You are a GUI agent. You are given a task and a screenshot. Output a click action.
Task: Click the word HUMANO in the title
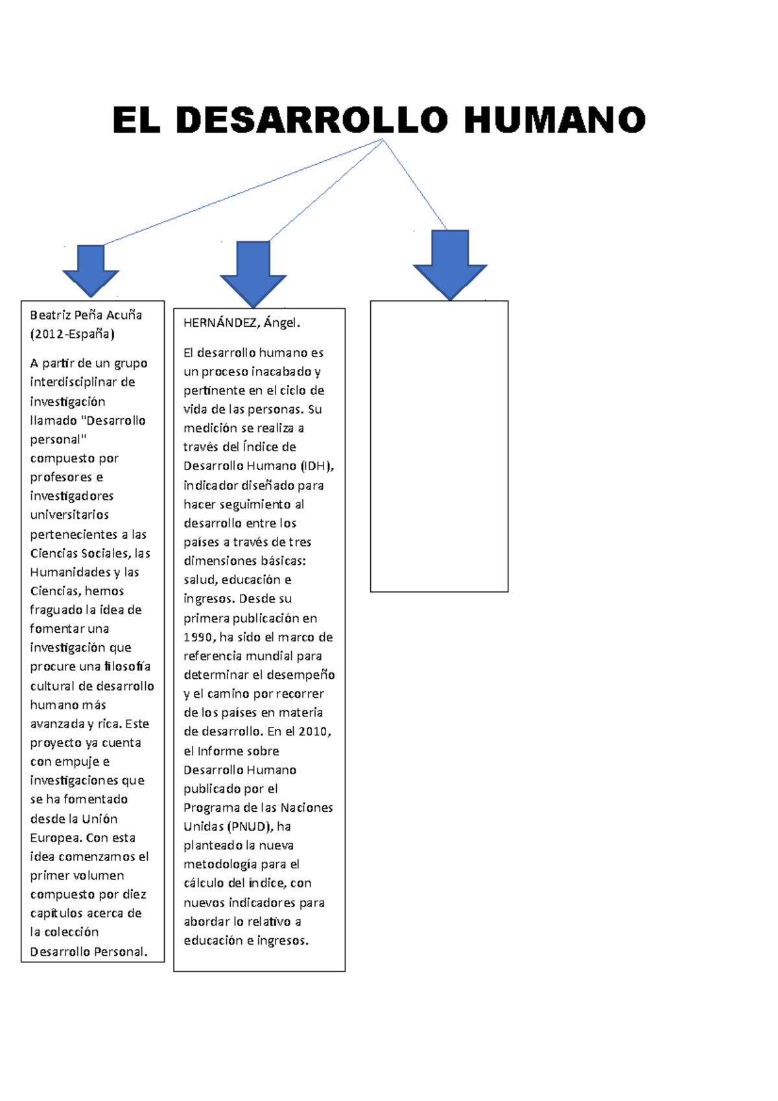click(554, 120)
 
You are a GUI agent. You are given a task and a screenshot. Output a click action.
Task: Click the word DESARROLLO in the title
click(312, 120)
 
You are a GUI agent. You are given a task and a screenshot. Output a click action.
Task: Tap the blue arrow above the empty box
click(450, 265)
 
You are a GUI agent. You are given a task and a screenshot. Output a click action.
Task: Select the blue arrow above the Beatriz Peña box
click(91, 271)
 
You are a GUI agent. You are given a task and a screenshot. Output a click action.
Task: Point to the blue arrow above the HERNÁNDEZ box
click(253, 274)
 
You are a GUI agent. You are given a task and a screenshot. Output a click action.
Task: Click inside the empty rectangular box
click(439, 446)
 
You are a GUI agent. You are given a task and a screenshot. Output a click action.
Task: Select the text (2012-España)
click(72, 334)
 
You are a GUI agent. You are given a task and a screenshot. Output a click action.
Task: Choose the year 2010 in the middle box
click(314, 732)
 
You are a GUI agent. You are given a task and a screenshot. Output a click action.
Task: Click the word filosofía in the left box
click(127, 667)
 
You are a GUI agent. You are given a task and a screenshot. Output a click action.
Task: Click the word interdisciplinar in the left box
click(74, 382)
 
